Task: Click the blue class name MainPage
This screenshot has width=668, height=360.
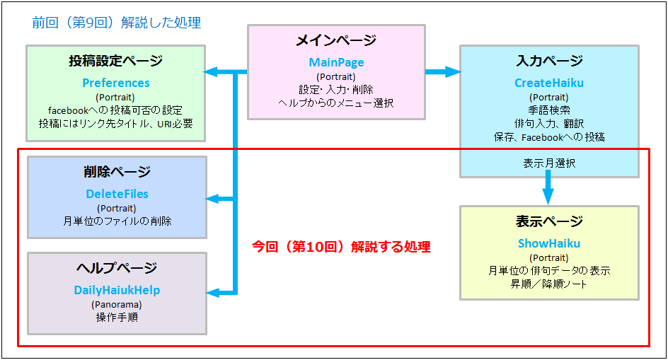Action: (336, 63)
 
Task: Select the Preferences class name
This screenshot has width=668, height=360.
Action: (116, 83)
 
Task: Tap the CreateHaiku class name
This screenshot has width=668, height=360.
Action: (548, 83)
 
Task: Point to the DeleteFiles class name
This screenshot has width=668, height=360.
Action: (117, 194)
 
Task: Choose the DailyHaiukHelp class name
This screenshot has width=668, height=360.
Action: (117, 290)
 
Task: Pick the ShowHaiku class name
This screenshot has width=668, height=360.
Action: (548, 243)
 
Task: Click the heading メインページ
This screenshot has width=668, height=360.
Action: (336, 41)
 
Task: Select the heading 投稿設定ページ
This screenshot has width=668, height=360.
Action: (116, 61)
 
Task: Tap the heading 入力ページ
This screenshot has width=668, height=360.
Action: (548, 61)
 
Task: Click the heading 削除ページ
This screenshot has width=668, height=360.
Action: (117, 172)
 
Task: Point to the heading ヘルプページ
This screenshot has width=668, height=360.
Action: (117, 268)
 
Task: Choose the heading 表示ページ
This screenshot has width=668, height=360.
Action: (548, 221)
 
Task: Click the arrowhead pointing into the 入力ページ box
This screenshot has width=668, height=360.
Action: (452, 71)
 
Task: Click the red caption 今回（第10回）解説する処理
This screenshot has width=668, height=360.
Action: (341, 248)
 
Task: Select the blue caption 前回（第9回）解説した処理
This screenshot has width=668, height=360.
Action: (117, 23)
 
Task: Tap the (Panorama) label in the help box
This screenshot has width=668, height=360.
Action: (117, 304)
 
